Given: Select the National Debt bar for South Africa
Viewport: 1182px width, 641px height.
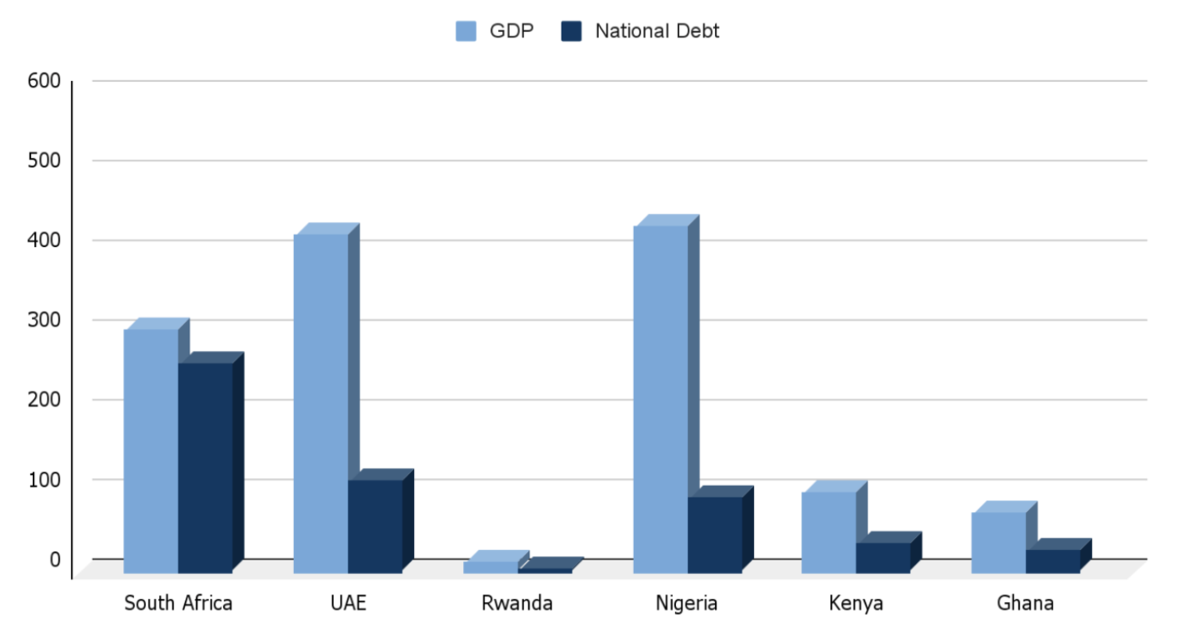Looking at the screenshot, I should [x=205, y=468].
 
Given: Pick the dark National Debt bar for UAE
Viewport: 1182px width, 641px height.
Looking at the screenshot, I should [x=375, y=526].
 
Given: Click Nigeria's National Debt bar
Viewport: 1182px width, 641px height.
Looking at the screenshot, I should [x=715, y=535].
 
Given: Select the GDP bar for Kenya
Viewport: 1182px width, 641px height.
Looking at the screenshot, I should [x=829, y=532].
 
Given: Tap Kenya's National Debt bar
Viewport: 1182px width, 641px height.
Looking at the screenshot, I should [x=883, y=558].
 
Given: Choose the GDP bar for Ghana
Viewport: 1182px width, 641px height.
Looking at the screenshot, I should [x=999, y=543].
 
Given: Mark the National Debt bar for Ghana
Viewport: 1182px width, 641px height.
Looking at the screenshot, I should [x=1053, y=561].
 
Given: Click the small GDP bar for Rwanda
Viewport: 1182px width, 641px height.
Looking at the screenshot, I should [x=490, y=567].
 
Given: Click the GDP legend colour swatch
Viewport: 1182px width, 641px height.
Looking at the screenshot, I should [x=465, y=32].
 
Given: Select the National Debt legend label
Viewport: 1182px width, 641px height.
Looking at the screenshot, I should [x=657, y=32].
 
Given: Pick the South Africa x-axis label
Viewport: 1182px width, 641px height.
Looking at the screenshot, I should [x=178, y=604].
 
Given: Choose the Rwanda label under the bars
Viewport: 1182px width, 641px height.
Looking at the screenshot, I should [x=517, y=604].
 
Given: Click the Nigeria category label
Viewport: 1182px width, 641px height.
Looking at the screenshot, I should [x=686, y=604].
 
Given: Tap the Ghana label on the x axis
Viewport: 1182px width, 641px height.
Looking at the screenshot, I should [x=1026, y=604].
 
